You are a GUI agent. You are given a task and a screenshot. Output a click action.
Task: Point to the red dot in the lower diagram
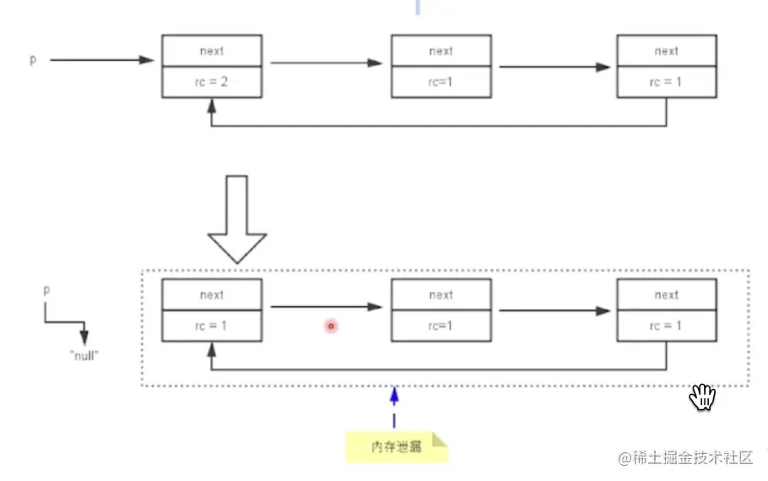tap(332, 325)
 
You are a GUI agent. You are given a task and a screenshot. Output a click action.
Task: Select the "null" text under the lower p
tap(84, 356)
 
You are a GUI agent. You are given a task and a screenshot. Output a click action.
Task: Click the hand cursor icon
tap(702, 397)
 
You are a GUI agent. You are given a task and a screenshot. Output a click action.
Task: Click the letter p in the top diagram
tap(34, 61)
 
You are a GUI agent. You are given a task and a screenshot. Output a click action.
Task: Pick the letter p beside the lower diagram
tap(46, 289)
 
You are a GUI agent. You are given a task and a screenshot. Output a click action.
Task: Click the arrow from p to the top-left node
tap(101, 61)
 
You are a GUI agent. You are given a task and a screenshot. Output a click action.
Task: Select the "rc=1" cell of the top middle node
tap(441, 82)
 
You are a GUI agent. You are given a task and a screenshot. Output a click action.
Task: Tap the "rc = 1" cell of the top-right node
tap(666, 82)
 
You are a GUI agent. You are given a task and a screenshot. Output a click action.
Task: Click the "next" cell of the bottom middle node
tap(441, 295)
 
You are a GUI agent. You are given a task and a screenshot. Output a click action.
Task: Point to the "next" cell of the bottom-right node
tap(666, 295)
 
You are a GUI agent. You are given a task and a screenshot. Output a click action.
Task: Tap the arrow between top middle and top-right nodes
tap(554, 67)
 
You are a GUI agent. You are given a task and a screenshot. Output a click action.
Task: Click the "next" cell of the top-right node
tap(666, 51)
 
